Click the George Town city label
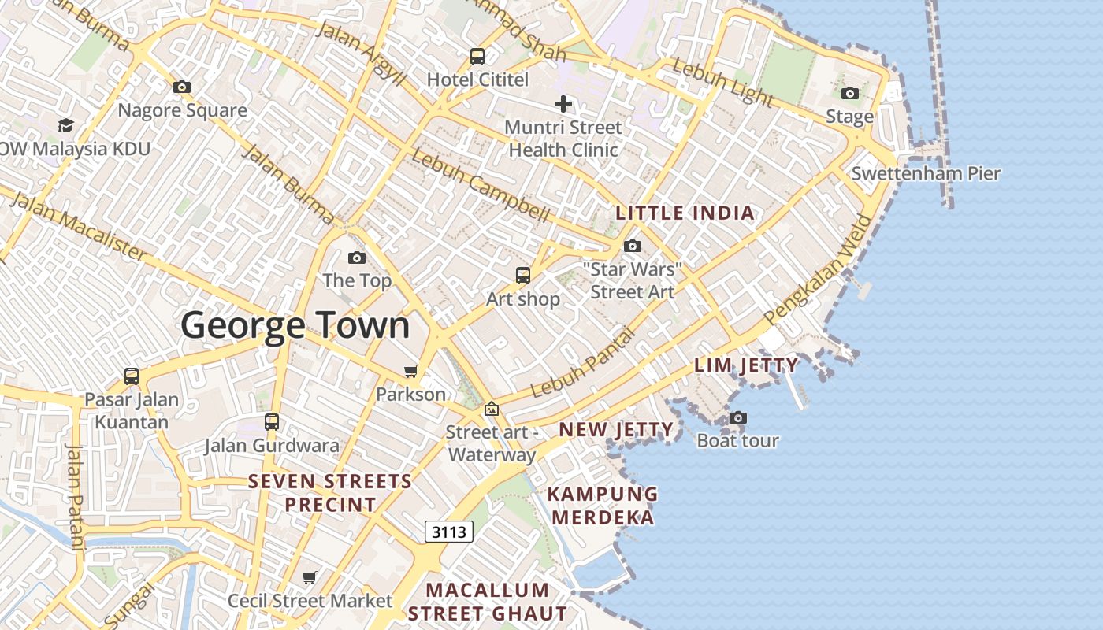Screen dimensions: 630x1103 pos(295,325)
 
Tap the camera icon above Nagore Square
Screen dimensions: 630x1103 pos(182,87)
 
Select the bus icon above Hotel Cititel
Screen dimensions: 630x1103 pos(477,56)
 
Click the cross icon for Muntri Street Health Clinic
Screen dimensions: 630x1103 pos(563,103)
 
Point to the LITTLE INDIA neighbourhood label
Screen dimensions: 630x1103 pos(685,213)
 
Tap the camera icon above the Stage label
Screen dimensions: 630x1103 pos(849,94)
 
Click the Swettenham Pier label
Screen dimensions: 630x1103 pos(926,173)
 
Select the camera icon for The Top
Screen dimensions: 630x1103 pos(357,258)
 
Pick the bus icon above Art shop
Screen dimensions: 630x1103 pos(523,276)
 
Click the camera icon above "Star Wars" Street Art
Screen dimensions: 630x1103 pos(633,246)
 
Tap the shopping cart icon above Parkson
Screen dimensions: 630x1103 pos(410,371)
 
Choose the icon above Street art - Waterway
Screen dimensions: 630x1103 pos(492,409)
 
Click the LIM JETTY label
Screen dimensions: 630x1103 pos(746,365)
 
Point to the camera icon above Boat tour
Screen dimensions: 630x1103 pos(738,417)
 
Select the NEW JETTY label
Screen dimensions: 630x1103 pos(616,429)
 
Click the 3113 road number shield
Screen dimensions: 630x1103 pos(449,532)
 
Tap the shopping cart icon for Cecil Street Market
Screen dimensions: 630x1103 pos(310,578)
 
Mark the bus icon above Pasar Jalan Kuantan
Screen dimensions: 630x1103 pos(132,376)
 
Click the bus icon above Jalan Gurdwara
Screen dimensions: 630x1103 pos(272,422)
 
